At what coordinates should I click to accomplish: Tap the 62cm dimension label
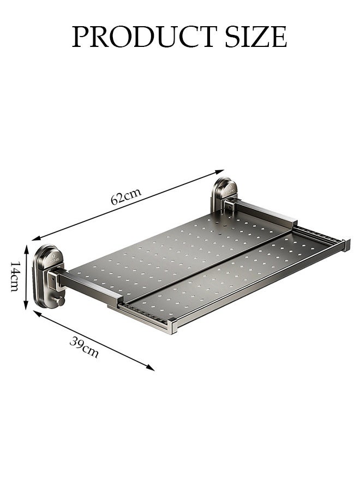coord(126,195)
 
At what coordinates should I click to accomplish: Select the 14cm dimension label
coord(15,276)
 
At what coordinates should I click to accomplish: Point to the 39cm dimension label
coord(85,348)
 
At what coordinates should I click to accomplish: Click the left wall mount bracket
coord(48,274)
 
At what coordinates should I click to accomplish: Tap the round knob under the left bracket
coord(61,301)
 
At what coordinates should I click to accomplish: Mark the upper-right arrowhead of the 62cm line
coord(221,171)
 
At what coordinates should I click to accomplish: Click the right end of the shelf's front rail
coord(346,245)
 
